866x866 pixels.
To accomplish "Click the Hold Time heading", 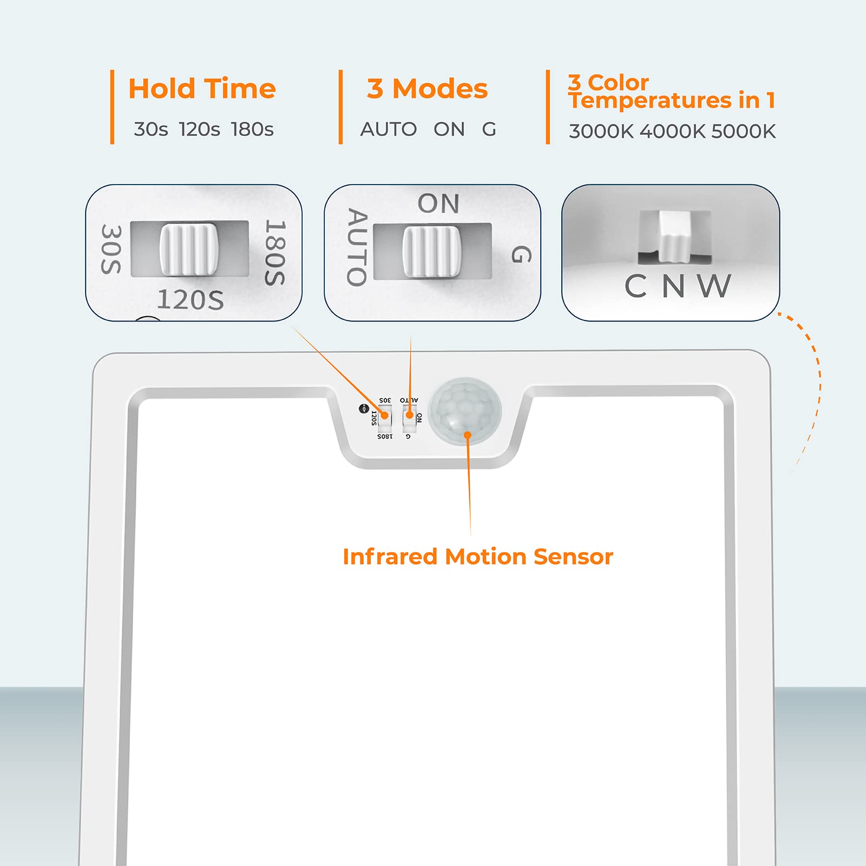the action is [202, 89].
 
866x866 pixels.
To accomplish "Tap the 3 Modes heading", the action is [427, 89].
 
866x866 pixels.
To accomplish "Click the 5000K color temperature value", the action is [744, 132].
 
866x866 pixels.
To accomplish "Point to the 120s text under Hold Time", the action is [199, 129].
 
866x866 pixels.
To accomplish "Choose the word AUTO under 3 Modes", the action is [389, 129].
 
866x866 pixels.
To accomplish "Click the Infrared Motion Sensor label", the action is [478, 556].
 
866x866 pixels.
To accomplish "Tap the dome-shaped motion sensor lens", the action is [465, 411].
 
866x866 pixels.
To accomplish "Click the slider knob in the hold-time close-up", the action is [189, 249].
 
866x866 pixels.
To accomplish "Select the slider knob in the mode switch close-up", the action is [431, 252].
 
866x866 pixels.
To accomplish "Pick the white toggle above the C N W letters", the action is [674, 235].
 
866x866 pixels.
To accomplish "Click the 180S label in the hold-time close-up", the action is [275, 252].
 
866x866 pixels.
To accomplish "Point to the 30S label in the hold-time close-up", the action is [111, 249].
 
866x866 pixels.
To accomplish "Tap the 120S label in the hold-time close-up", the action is [191, 300].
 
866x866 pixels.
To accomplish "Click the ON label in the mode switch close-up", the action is [438, 204].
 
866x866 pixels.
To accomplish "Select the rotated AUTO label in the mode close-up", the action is [357, 247].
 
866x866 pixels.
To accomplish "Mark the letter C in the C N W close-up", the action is [636, 286].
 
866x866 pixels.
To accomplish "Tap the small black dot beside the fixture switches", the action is [364, 409].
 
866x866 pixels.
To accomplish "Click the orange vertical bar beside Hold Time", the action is [112, 107].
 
